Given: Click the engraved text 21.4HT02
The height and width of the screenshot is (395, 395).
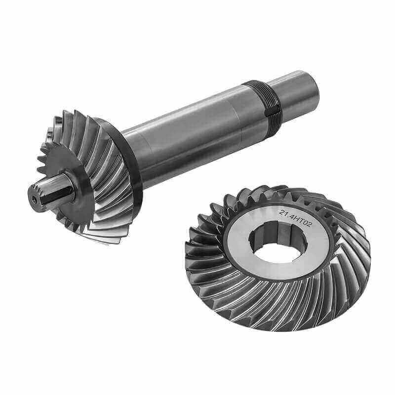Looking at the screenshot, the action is [295, 217].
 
